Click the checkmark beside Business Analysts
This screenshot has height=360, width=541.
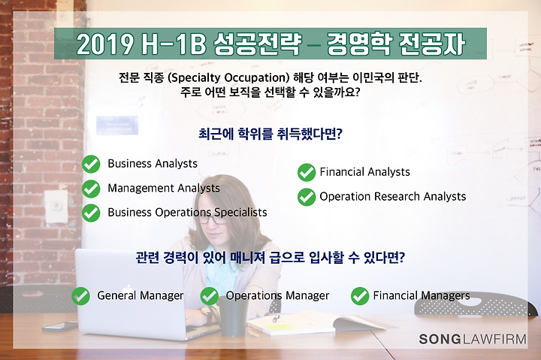(91, 164)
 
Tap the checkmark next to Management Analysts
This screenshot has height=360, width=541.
(91, 189)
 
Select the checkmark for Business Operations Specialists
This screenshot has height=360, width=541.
(91, 213)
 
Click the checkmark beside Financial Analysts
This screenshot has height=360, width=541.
(307, 172)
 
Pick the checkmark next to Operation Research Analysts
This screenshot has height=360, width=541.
(307, 197)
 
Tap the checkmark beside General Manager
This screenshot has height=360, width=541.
(80, 296)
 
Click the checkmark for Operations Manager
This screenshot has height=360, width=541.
(210, 296)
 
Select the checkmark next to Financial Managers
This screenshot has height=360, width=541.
(360, 296)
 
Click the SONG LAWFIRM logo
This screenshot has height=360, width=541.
(473, 339)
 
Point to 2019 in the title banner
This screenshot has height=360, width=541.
(105, 44)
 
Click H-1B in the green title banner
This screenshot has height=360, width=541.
(174, 44)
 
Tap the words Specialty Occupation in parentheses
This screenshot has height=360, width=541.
(228, 77)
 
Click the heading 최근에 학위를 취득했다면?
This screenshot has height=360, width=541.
(270, 134)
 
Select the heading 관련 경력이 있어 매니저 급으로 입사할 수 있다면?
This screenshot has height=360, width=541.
(270, 257)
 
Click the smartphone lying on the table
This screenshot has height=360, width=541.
(60, 326)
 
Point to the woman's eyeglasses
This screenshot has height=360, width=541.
(214, 219)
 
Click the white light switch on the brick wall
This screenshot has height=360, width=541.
(56, 207)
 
